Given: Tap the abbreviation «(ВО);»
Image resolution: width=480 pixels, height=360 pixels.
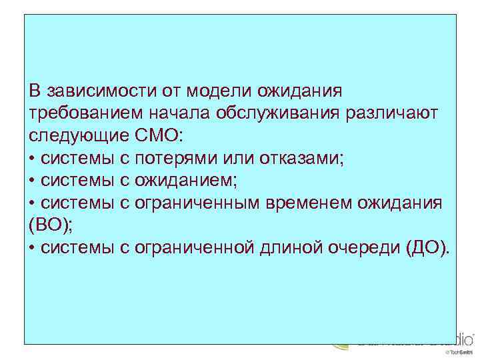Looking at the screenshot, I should (49, 226).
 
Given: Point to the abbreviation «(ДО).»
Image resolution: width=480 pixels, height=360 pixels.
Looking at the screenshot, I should (427, 249).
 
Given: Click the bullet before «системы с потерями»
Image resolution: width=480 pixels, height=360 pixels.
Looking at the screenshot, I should (33, 159).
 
